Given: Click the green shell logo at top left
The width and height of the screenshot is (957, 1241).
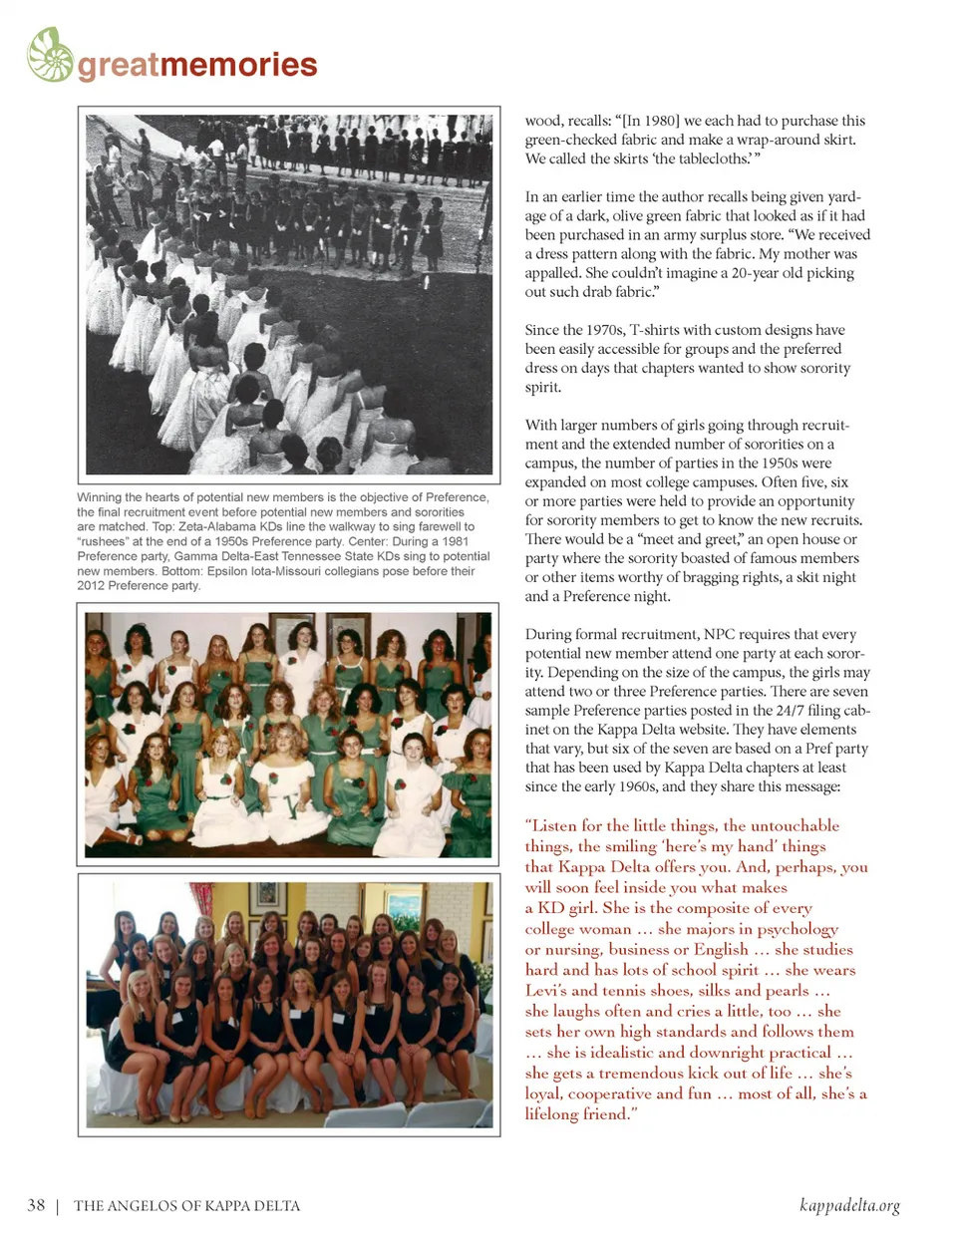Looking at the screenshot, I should pyautogui.click(x=50, y=55).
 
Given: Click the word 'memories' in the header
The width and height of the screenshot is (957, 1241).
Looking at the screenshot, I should pyautogui.click(x=238, y=65).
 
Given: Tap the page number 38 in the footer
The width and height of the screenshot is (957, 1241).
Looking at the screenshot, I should pyautogui.click(x=36, y=1205).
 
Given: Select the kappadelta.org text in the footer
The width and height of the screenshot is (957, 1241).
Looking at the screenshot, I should pyautogui.click(x=849, y=1205).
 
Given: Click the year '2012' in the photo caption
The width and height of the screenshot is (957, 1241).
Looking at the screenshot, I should pyautogui.click(x=92, y=585).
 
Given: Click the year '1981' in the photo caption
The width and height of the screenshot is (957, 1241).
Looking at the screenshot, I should pyautogui.click(x=455, y=541).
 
